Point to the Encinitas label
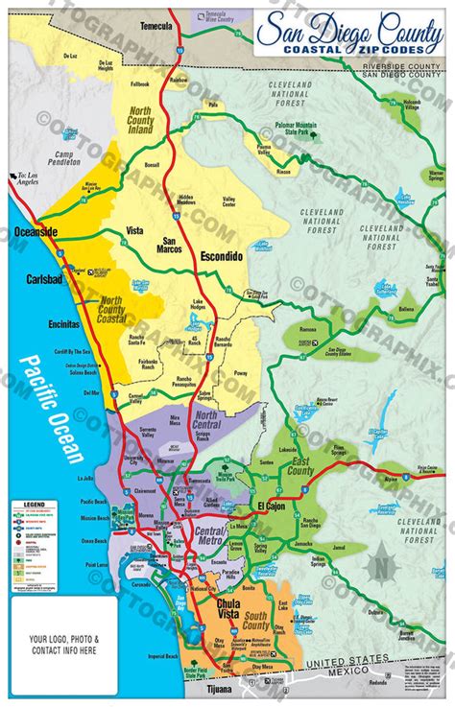point(61,324)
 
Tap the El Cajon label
point(271,505)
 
